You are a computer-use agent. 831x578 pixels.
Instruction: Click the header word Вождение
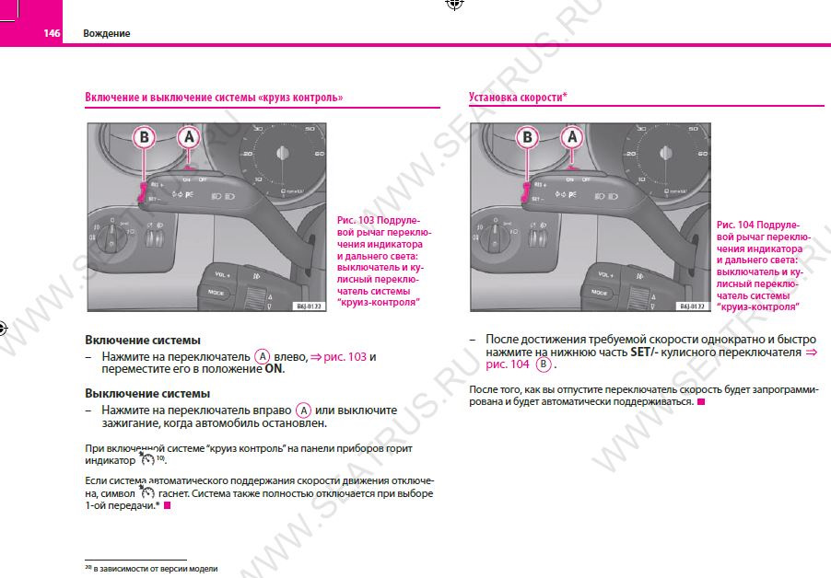click(107, 33)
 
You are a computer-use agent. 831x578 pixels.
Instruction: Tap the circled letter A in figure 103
click(188, 138)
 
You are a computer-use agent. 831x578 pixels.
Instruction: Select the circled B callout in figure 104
click(528, 138)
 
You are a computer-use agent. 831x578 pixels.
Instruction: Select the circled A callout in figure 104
click(571, 138)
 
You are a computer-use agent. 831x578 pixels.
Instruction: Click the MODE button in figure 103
click(217, 292)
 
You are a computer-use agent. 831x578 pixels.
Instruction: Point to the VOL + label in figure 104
click(604, 274)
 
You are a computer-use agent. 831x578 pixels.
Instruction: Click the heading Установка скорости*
click(518, 97)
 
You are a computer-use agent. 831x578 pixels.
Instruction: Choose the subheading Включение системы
click(143, 340)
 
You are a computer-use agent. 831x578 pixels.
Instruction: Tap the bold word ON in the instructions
click(275, 369)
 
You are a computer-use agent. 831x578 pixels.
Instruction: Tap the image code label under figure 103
click(309, 306)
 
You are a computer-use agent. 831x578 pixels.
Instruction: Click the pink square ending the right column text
click(701, 402)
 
